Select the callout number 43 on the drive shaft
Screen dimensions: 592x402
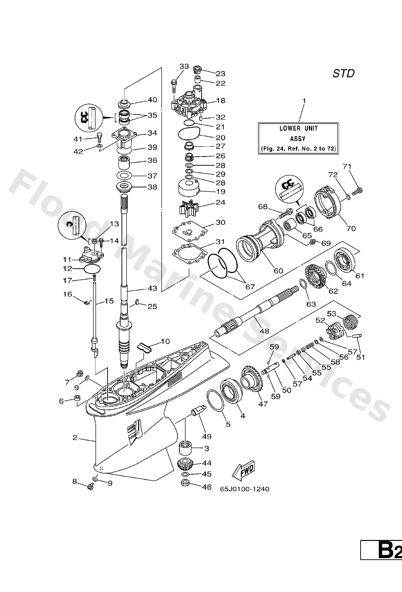point(152,288)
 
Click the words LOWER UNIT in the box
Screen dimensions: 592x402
point(298,128)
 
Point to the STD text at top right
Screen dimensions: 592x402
point(344,74)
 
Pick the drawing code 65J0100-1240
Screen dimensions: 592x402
point(244,489)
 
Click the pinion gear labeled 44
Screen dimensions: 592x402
point(185,465)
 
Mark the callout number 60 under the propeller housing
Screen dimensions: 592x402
point(278,270)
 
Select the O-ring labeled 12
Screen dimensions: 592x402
point(92,269)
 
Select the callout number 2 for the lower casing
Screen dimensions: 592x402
point(75,438)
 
